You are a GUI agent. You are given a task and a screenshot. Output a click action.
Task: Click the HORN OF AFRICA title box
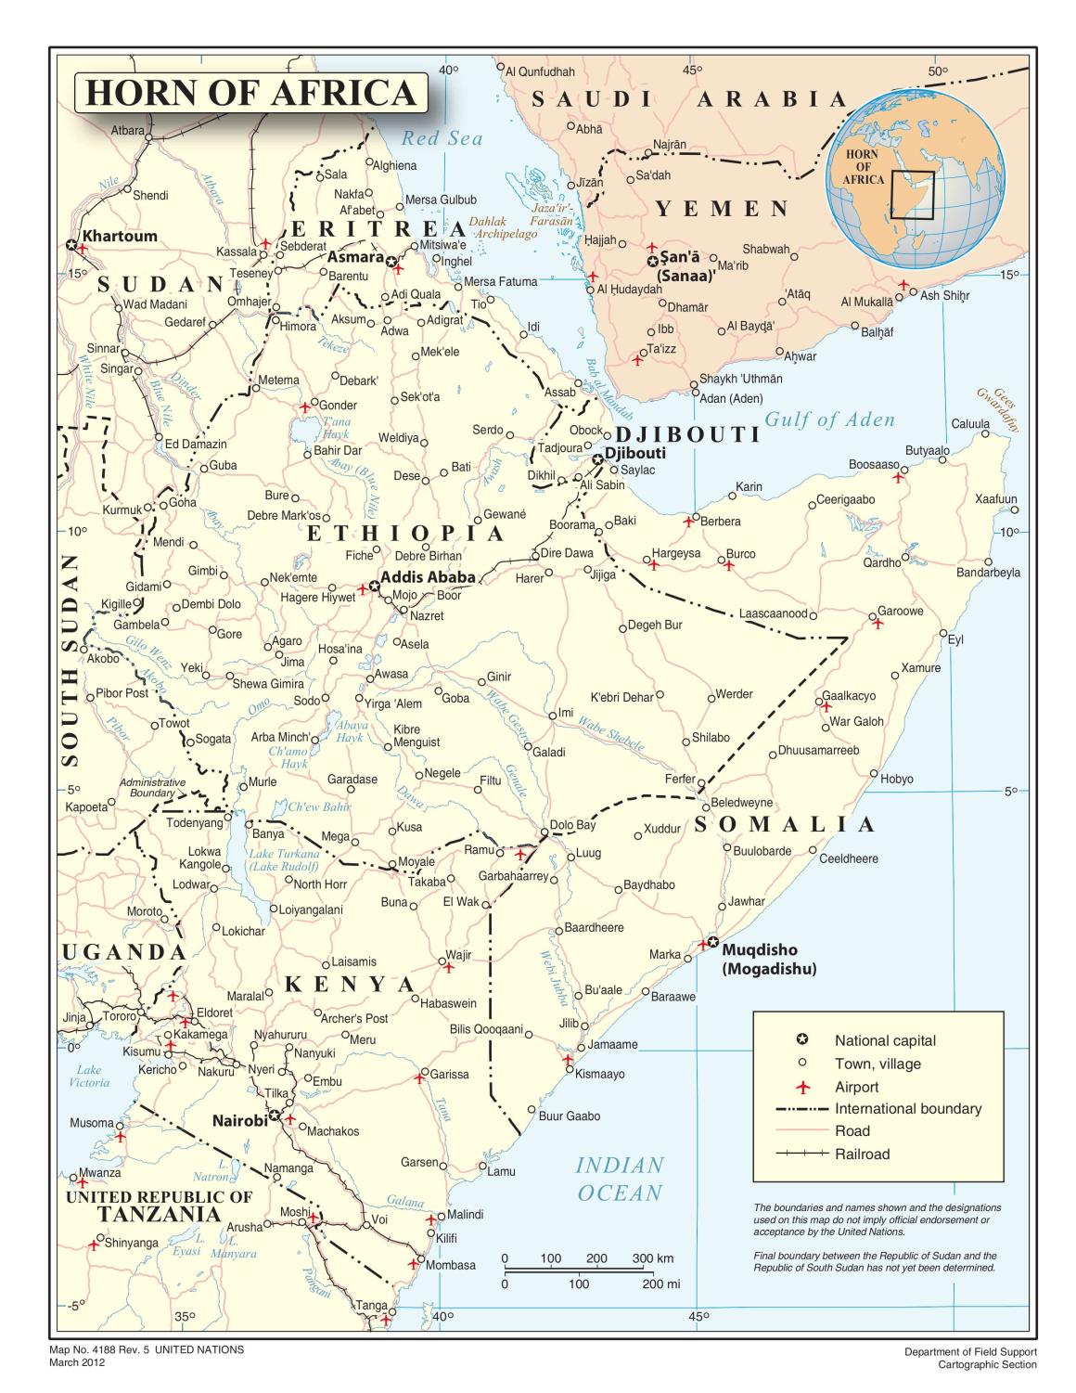[x=250, y=94]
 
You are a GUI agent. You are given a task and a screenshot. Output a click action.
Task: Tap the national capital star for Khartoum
[x=71, y=245]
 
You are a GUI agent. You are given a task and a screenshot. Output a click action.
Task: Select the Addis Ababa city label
[x=428, y=577]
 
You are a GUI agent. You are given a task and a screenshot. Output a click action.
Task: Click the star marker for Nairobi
[x=275, y=1116]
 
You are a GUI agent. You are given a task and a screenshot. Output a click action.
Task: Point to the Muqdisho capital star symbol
[x=712, y=943]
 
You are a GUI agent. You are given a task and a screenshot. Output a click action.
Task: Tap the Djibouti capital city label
[x=634, y=454]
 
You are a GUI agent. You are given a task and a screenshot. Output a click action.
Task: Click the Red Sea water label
[x=442, y=139]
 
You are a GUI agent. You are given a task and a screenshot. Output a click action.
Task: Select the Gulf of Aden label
[x=829, y=419]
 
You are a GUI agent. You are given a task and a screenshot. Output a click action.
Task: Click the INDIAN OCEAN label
[x=620, y=1179]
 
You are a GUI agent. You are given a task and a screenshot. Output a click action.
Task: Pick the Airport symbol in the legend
[x=803, y=1087]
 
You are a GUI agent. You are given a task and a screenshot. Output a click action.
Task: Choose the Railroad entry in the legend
[x=862, y=1154]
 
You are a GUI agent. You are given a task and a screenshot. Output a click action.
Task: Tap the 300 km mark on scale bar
[x=644, y=1259]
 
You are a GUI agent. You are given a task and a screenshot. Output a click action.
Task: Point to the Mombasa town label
[x=451, y=1265]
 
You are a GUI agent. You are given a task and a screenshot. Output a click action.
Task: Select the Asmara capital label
[x=355, y=256]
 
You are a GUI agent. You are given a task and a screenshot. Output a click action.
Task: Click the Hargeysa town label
[x=675, y=553]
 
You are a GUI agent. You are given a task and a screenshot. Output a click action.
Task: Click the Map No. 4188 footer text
[x=147, y=1349]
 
